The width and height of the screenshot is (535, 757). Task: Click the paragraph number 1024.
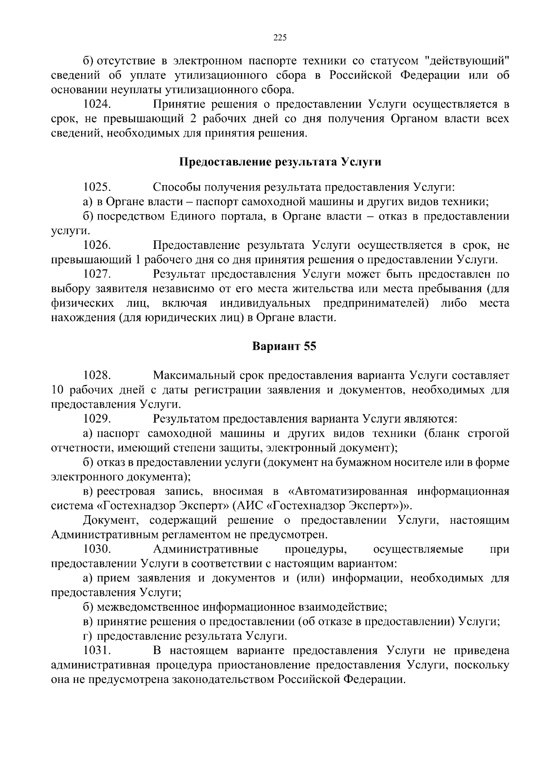tap(97, 104)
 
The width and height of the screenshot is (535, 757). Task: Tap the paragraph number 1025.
tap(97, 187)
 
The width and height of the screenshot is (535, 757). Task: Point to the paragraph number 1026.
tap(97, 245)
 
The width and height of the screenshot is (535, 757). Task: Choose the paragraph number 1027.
tap(97, 274)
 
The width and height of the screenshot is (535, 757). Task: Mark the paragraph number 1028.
tap(97, 375)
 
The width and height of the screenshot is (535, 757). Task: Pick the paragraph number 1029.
tap(97, 418)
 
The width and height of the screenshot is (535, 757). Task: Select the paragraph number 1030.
tap(97, 549)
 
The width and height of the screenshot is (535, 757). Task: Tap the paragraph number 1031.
tap(97, 650)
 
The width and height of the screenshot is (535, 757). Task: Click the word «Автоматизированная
tap(348, 491)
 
